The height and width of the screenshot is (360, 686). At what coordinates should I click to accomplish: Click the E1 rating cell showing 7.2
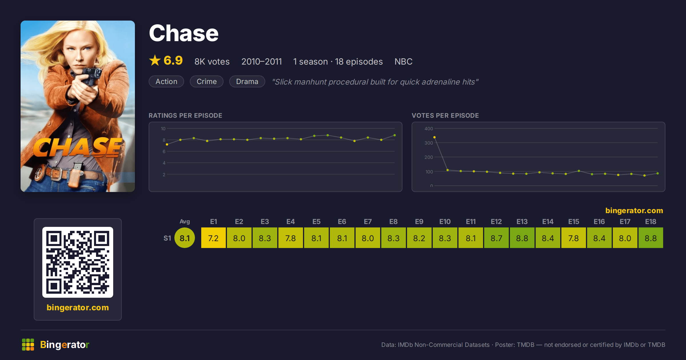point(213,238)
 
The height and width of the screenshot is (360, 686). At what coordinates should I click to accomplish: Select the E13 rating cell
point(522,238)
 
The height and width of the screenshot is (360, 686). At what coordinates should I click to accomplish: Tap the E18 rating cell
point(651,238)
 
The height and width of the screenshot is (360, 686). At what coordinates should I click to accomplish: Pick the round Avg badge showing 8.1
point(185,238)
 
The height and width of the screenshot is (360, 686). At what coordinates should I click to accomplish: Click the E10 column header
point(445,221)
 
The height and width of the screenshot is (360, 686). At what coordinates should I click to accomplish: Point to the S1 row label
point(167,238)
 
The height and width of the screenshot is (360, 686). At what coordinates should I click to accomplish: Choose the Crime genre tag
point(207,81)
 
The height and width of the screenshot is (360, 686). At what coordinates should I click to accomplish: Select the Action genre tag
point(166,81)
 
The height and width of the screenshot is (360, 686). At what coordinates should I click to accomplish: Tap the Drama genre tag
point(247,81)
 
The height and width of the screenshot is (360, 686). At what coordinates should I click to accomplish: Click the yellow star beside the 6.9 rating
point(155,60)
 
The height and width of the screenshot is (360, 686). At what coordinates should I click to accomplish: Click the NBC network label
point(403,61)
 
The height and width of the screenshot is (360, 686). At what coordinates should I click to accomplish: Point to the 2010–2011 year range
point(262,61)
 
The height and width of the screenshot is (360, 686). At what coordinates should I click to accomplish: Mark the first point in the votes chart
point(434,137)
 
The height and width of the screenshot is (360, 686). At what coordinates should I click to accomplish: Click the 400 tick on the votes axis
point(428,129)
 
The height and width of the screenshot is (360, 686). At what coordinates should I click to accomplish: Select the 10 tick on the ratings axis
point(163,129)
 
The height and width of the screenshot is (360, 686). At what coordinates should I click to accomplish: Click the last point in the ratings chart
point(395,135)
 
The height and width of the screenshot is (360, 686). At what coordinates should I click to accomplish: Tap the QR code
point(78,262)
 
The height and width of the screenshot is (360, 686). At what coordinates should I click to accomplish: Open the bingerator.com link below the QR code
point(78,307)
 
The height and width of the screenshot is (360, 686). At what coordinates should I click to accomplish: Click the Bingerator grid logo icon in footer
point(28,345)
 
